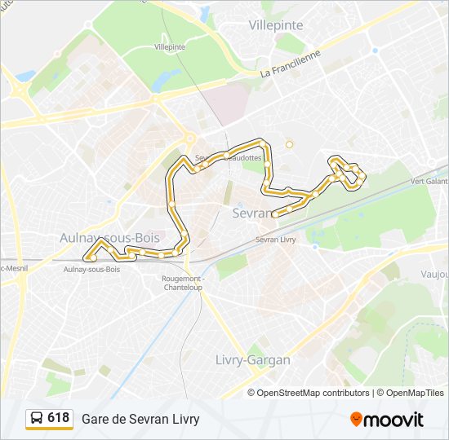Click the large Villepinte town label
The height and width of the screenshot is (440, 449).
tap(277, 25)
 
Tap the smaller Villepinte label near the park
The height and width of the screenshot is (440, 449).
tap(169, 47)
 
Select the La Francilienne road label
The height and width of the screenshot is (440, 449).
tap(291, 65)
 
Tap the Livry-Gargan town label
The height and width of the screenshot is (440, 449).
tap(252, 359)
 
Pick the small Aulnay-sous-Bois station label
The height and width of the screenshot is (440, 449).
tap(91, 269)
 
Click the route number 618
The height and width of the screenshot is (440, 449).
tap(58, 418)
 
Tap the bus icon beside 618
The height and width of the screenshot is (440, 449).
tap(37, 419)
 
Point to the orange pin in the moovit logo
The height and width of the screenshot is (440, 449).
tap(356, 419)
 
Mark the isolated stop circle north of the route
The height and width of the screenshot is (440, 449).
tap(289, 145)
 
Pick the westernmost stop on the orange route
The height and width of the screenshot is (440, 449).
tap(94, 258)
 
